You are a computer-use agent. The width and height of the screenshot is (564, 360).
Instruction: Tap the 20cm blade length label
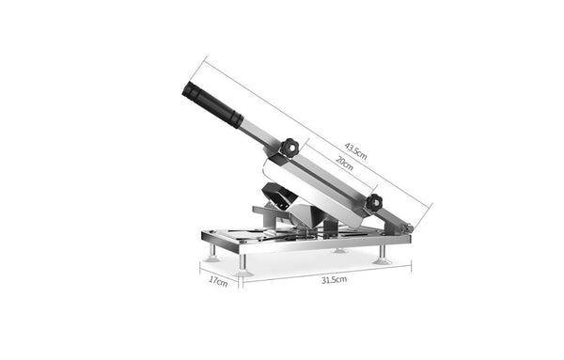point(344,163)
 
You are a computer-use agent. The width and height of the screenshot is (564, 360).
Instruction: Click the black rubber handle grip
point(209,102)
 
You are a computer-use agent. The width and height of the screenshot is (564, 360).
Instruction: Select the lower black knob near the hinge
point(374,202)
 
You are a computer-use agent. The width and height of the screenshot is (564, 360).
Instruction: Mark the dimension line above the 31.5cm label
point(325,271)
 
